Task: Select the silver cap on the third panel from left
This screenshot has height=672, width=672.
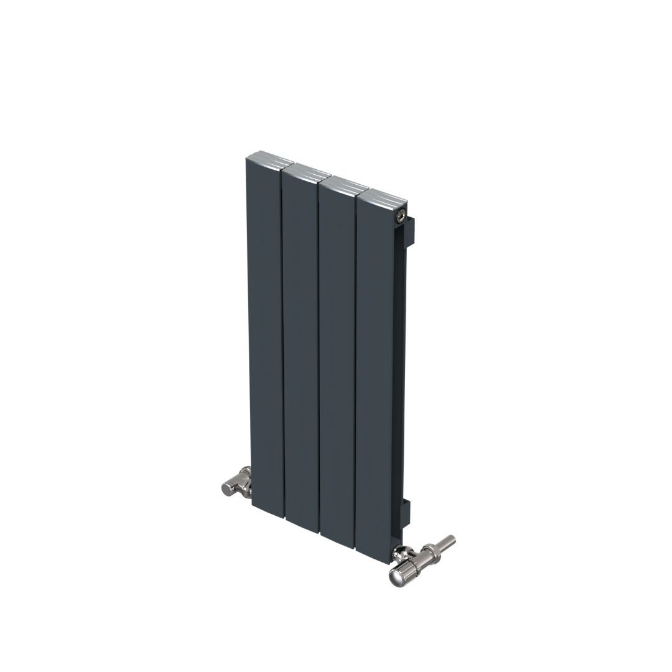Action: click(343, 184)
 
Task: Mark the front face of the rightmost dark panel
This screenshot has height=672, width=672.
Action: click(375, 373)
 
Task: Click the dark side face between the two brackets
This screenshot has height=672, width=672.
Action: click(399, 373)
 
